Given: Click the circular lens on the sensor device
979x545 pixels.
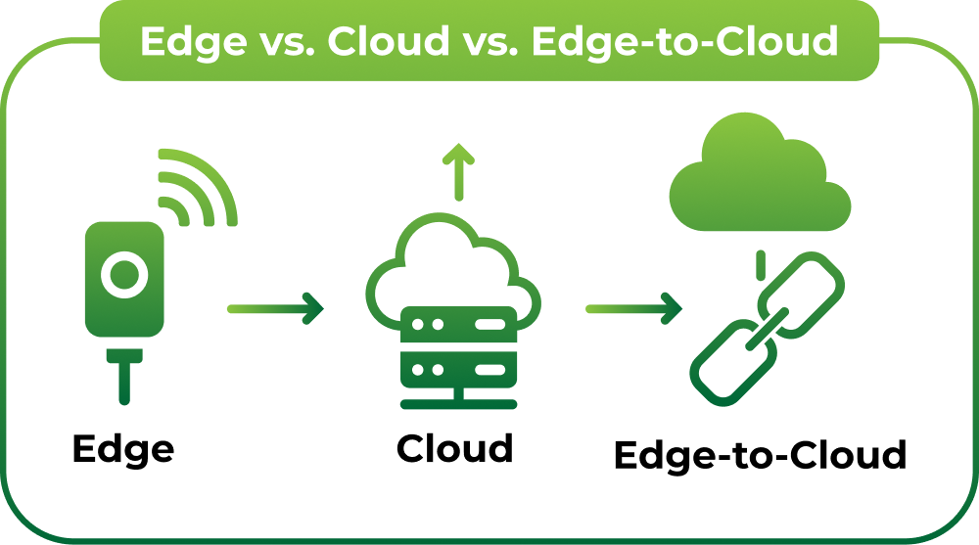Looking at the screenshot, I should pyautogui.click(x=124, y=273).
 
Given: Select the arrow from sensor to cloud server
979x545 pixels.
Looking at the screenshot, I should pyautogui.click(x=275, y=308).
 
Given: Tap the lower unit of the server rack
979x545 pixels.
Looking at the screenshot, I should pyautogui.click(x=458, y=371).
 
